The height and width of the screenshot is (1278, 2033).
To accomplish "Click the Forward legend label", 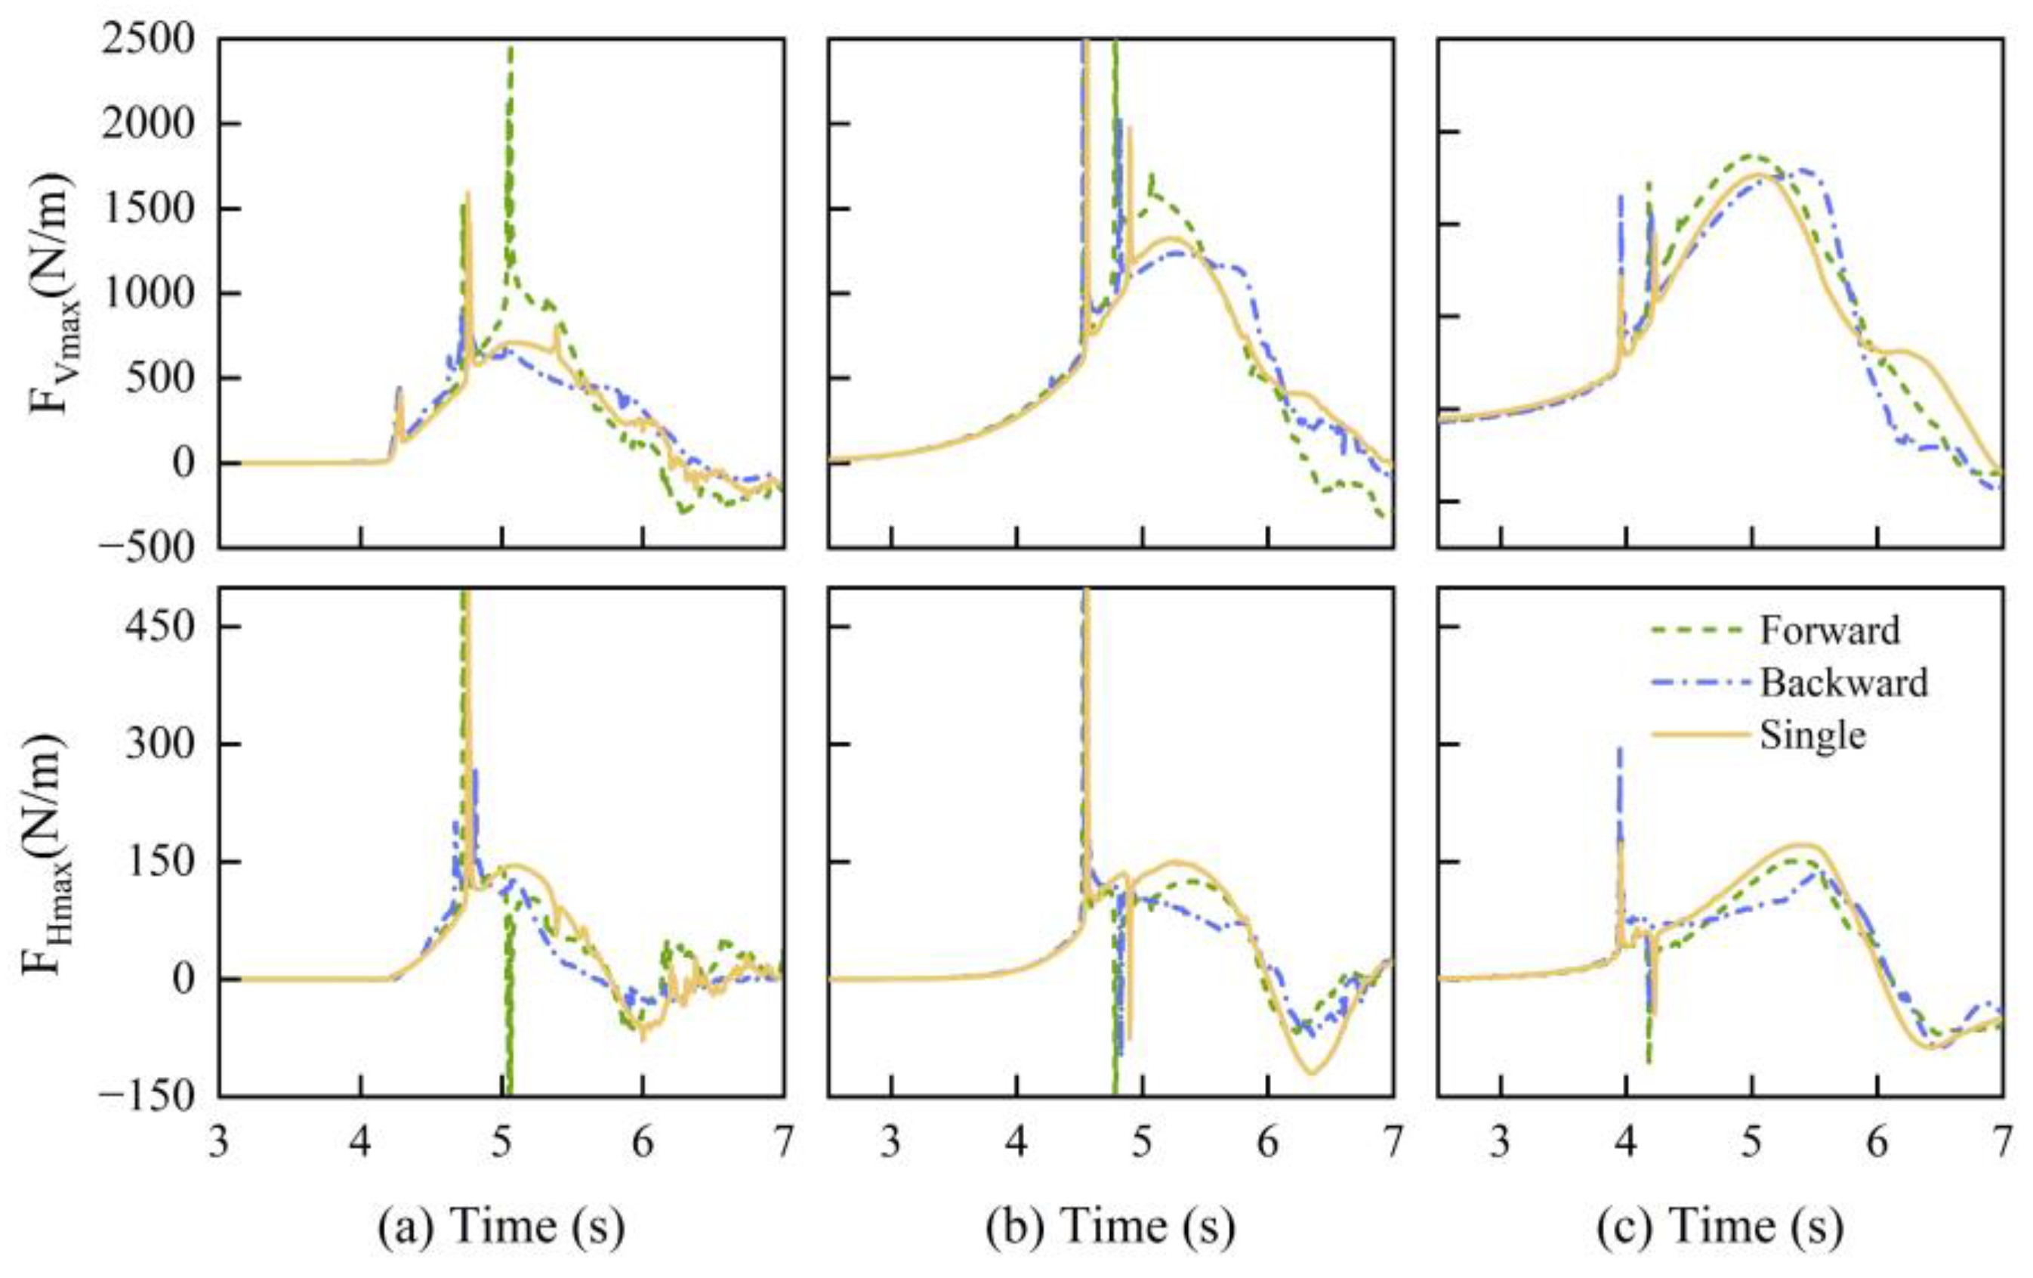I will (x=1830, y=631).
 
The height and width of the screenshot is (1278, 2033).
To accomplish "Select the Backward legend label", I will (x=1844, y=682).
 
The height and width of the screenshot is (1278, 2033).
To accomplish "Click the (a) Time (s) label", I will (x=501, y=1226).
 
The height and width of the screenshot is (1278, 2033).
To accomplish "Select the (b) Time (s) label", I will (x=1110, y=1226).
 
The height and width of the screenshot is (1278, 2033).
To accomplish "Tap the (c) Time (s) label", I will (x=1720, y=1226).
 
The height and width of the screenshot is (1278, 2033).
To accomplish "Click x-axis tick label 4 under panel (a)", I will (x=360, y=1143).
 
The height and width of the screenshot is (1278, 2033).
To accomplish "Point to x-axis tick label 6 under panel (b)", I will (x=1267, y=1143).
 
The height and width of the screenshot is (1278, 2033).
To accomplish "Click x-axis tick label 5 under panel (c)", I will (x=1752, y=1143).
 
